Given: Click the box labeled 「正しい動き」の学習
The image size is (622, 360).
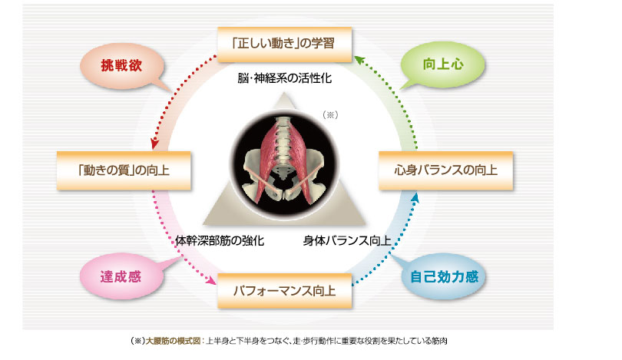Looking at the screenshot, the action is [284, 44].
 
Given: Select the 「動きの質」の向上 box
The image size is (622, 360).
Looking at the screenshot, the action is [124, 170].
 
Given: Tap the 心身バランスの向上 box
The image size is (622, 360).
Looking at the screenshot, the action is [446, 170].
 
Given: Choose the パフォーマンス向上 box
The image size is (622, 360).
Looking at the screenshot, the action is [284, 291].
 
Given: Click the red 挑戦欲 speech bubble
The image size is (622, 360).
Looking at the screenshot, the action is [122, 65].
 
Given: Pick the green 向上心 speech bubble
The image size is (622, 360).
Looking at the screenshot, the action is [443, 64].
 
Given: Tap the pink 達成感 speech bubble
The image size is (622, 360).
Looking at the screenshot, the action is [121, 276].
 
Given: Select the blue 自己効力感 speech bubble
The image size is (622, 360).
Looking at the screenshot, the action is [444, 276].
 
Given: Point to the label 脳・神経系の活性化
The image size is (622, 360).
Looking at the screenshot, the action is [284, 78].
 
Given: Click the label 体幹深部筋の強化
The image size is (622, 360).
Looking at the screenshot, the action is [220, 240].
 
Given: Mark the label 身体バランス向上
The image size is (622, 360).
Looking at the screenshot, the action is [347, 240].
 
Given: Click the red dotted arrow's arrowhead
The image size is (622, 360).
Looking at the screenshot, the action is [154, 144].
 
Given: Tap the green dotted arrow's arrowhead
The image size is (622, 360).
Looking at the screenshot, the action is [359, 59].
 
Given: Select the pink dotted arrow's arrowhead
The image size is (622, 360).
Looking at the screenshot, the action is [211, 280].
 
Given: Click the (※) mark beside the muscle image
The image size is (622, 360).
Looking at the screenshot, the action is [330, 115].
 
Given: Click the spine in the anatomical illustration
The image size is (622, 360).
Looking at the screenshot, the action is [283, 147].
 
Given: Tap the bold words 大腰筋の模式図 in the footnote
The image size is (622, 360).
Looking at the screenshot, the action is [173, 341].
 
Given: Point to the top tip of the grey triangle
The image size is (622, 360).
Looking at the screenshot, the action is [284, 93].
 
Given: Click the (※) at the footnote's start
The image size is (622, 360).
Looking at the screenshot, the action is [137, 341].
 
